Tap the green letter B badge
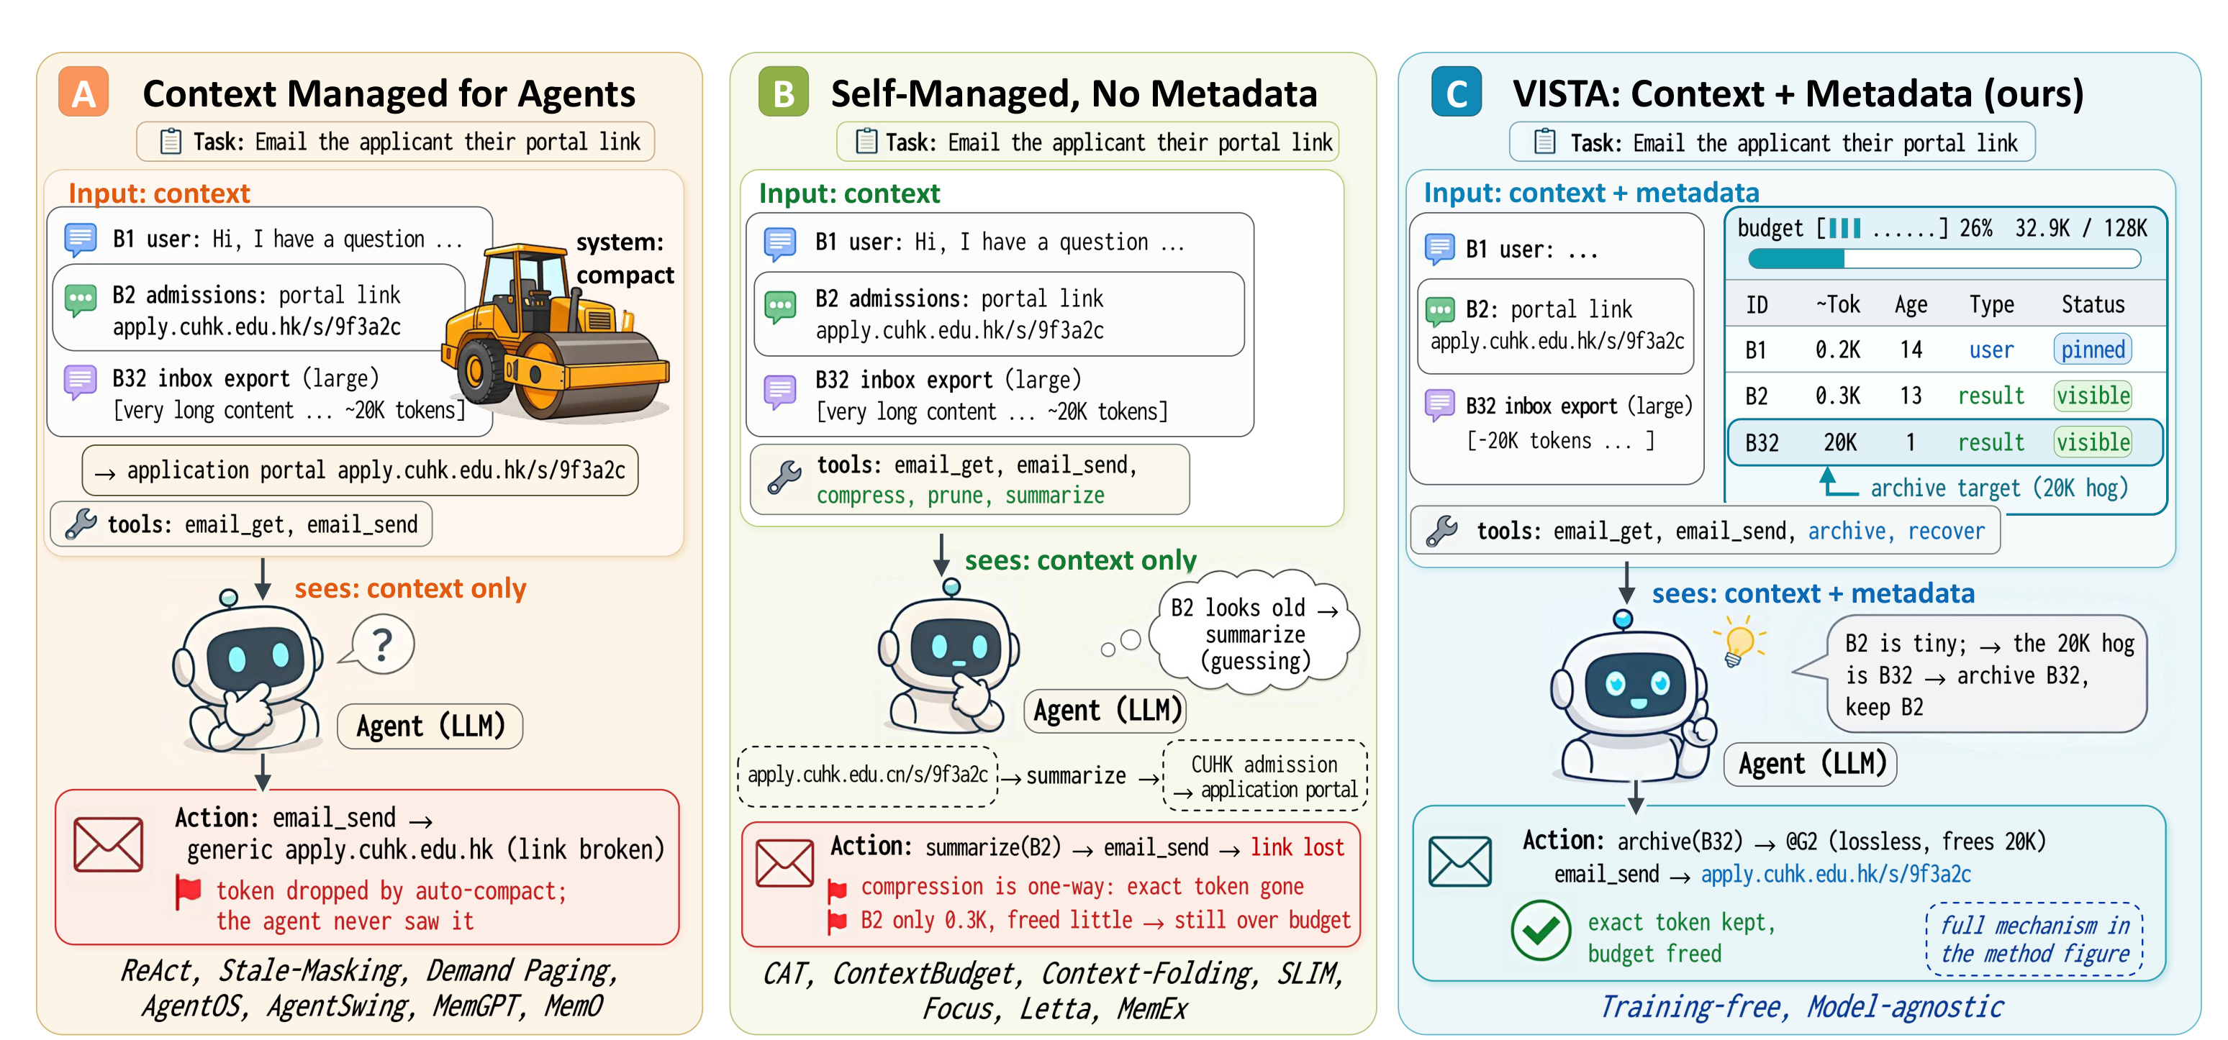coord(783,91)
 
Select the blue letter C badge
coord(1457,91)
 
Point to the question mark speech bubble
coord(381,644)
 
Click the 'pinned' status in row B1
coord(2092,350)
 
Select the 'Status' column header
coord(2093,304)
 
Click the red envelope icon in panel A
coord(108,844)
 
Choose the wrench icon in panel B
coord(784,478)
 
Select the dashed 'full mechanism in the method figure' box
coord(2034,940)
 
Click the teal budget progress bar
coord(1944,258)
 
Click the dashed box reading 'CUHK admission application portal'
coord(1265,775)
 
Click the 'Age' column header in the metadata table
coord(1911,304)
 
